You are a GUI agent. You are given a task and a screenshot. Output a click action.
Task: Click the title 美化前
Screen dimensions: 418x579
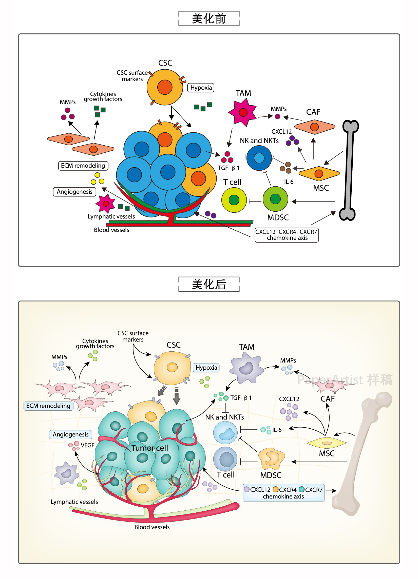pyautogui.click(x=209, y=19)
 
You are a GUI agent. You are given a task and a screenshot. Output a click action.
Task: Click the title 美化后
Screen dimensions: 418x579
pyautogui.click(x=209, y=284)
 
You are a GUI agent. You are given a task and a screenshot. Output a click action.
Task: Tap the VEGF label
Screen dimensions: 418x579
pyautogui.click(x=87, y=446)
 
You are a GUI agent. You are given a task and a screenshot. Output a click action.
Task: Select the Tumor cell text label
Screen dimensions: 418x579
pyautogui.click(x=150, y=448)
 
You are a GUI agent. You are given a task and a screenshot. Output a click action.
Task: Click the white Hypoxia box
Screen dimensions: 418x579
pyautogui.click(x=201, y=88)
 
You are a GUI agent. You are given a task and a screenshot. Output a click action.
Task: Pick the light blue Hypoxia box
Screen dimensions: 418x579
pyautogui.click(x=206, y=368)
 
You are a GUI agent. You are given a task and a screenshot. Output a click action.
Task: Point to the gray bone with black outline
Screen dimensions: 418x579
pyautogui.click(x=349, y=170)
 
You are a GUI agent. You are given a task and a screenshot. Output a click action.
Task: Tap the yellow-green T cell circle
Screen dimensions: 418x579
pyautogui.click(x=234, y=200)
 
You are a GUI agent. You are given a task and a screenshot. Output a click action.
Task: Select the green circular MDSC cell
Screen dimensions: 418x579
pyautogui.click(x=275, y=199)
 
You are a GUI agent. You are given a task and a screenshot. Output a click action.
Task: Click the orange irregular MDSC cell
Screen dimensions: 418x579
pyautogui.click(x=271, y=458)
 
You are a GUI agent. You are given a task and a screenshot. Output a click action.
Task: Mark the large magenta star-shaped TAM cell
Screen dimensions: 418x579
pyautogui.click(x=242, y=112)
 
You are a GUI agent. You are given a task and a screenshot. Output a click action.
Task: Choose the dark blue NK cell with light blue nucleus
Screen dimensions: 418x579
pyautogui.click(x=259, y=158)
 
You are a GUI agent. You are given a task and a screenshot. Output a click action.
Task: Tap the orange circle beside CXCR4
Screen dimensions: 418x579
pyautogui.click(x=275, y=489)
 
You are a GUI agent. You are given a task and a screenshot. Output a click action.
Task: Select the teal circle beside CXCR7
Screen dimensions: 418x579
pyautogui.click(x=301, y=489)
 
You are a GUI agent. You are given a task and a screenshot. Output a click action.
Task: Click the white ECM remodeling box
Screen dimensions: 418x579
pyautogui.click(x=83, y=166)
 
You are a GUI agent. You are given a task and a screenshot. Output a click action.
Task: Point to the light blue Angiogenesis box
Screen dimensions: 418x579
pyautogui.click(x=70, y=434)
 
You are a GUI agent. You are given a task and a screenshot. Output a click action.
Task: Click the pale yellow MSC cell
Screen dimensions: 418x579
pyautogui.click(x=327, y=443)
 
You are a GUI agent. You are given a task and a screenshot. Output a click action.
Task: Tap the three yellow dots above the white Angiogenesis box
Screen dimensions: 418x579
pyautogui.click(x=97, y=179)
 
